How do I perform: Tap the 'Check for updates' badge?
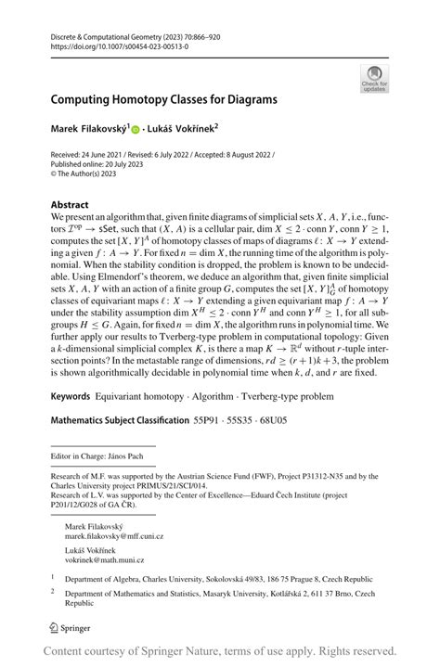(x=375, y=78)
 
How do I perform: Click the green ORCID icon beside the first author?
(x=160, y=131)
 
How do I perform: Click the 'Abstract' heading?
(x=71, y=204)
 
